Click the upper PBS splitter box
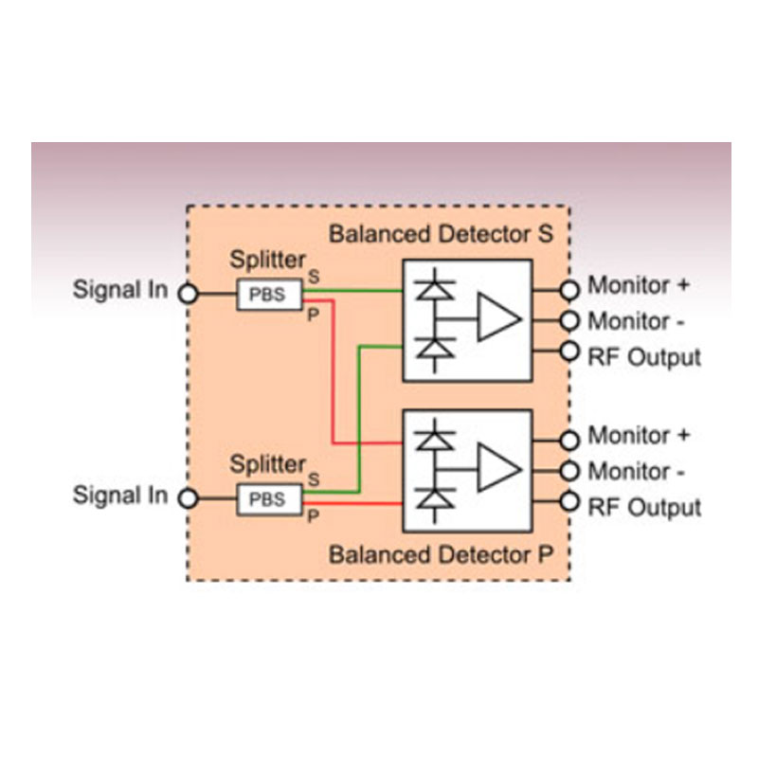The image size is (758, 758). (267, 294)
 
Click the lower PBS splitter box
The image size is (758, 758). (267, 498)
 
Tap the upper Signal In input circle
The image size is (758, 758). (189, 294)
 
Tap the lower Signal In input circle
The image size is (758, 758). (189, 498)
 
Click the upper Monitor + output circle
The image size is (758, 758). (569, 288)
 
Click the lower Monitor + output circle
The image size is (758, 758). (569, 440)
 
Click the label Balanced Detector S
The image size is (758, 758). (440, 233)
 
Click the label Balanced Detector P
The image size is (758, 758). (440, 554)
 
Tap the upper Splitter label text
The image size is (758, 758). (269, 260)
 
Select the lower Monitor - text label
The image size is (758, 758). (637, 471)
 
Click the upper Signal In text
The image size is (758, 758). (120, 290)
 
